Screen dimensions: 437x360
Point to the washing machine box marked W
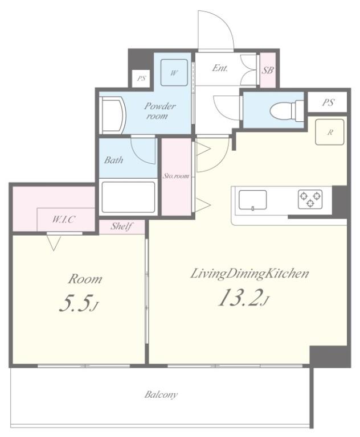[174, 72]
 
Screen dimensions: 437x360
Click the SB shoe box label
[267, 71]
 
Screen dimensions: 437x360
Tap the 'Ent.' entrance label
[220, 68]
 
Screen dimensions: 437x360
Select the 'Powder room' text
[159, 111]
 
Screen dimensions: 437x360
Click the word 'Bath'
[113, 160]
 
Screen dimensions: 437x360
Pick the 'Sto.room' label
[176, 176]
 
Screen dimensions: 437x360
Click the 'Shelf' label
[121, 226]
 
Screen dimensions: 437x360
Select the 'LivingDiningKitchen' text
[249, 274]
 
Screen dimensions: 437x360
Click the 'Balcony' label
[161, 394]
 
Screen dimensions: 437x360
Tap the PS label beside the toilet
[328, 102]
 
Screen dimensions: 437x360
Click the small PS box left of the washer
[141, 79]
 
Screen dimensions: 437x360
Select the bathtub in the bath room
[128, 197]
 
